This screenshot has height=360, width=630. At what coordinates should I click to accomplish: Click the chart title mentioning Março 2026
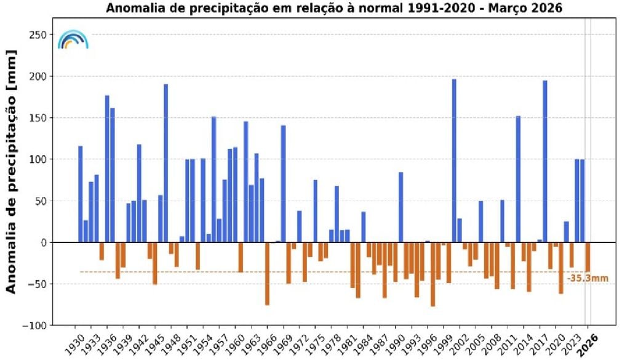pos(335,9)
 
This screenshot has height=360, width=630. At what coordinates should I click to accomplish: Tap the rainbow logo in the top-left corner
pos(73,39)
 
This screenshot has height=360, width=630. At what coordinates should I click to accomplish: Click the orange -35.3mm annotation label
pos(588,279)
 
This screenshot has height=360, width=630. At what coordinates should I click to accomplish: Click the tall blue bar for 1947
pos(166,163)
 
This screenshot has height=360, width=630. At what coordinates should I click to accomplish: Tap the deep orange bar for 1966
pos(267,273)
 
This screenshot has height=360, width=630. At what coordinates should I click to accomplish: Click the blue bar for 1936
pos(107,169)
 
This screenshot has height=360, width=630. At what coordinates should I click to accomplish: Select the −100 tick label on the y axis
pos(36,326)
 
